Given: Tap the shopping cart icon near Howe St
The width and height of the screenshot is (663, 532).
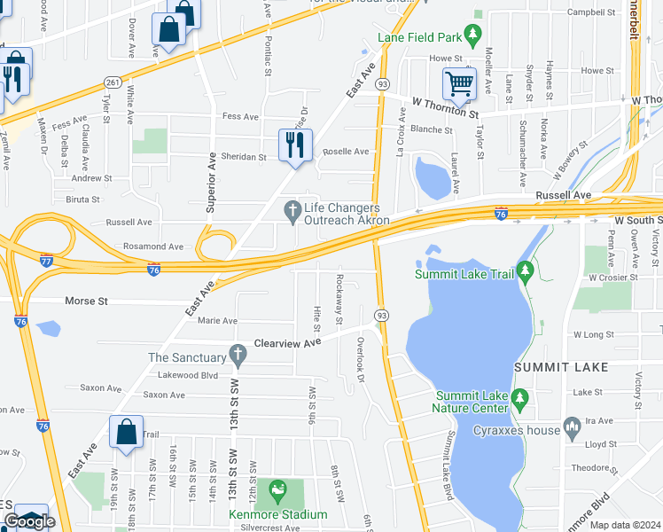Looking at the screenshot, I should [x=459, y=84].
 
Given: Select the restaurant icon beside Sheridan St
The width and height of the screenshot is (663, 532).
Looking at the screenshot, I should [x=296, y=144].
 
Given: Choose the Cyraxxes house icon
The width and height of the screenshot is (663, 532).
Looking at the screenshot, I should [x=571, y=429].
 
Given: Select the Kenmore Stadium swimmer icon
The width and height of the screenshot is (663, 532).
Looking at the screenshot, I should [x=278, y=489].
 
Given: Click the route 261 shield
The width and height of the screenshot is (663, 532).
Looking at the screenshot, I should [x=113, y=82].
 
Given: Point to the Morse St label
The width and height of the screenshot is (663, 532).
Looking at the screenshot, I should [x=86, y=301].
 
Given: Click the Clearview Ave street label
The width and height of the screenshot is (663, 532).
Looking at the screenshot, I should [x=286, y=342].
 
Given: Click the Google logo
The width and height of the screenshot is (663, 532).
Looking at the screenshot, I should [x=29, y=521].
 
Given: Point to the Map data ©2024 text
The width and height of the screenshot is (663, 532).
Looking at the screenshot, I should [x=625, y=525].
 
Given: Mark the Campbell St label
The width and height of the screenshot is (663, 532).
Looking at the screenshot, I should [x=592, y=12].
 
